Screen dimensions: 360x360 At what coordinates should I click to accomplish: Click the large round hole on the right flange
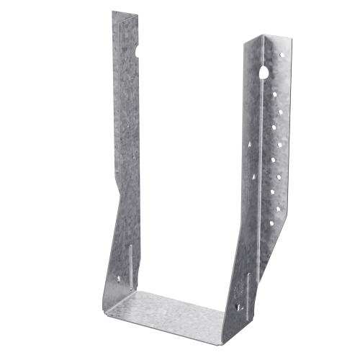264,71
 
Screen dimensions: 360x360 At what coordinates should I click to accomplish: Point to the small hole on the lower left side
120,276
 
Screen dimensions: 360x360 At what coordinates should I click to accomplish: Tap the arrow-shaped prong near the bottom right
238,303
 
